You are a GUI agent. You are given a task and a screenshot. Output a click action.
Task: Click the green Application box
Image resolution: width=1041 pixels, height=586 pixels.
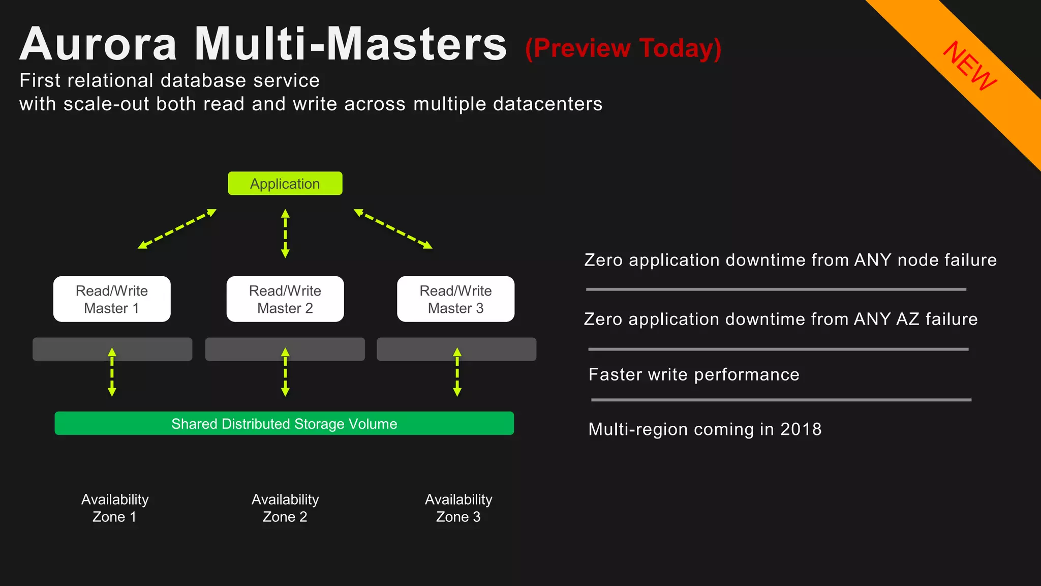[x=285, y=184]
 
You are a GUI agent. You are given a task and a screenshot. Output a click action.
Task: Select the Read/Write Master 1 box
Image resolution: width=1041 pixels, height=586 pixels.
[x=112, y=299]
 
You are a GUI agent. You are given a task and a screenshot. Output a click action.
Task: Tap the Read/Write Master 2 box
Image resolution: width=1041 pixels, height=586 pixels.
[x=285, y=299]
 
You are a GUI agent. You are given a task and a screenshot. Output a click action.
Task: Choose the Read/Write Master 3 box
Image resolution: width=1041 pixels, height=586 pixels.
[x=455, y=299]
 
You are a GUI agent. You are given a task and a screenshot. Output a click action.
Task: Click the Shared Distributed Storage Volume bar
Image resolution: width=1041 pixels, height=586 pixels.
[x=284, y=423]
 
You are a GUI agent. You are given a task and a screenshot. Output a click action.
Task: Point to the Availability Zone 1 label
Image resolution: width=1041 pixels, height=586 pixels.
[x=115, y=508]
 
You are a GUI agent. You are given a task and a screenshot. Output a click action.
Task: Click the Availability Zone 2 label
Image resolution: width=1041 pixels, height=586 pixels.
[x=285, y=508]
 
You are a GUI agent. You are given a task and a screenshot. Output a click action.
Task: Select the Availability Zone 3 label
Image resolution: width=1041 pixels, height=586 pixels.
[x=458, y=508]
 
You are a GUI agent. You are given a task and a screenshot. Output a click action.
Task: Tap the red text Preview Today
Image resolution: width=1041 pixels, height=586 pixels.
[x=623, y=48]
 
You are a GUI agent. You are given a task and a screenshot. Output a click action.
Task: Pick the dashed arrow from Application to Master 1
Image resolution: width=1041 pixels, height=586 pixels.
[x=177, y=229]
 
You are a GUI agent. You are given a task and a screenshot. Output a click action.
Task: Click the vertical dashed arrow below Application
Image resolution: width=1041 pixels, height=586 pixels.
[x=285, y=233]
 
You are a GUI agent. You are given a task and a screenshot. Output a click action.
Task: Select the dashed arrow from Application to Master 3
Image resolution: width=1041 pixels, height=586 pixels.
[x=393, y=229]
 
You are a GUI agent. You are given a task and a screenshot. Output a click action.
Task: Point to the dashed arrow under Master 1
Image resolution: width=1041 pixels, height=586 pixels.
[x=112, y=372]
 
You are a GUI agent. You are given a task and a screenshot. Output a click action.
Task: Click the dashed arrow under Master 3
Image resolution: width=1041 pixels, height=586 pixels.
[x=457, y=372]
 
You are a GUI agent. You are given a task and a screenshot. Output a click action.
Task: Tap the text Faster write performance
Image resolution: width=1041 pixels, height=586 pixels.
[x=694, y=375]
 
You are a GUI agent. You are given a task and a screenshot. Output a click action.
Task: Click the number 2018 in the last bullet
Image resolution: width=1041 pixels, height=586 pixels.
[x=801, y=429]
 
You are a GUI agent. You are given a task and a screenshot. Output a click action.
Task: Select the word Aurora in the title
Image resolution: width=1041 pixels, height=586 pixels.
[x=99, y=45]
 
